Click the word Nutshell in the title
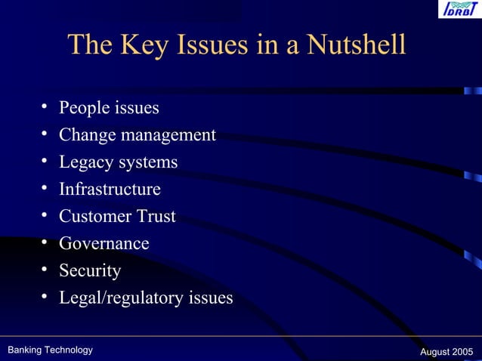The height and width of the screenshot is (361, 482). [x=356, y=45]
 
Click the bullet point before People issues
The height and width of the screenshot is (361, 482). [x=45, y=107]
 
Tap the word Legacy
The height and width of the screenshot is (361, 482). [x=86, y=162]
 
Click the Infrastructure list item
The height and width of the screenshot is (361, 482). [x=110, y=189]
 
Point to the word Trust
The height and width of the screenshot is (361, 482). [x=156, y=216]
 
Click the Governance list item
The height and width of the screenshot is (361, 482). [x=104, y=243]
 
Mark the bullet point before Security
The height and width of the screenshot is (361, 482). [x=45, y=270]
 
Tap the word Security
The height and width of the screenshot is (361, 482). [x=90, y=270]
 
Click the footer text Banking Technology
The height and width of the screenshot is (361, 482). [x=50, y=350]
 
